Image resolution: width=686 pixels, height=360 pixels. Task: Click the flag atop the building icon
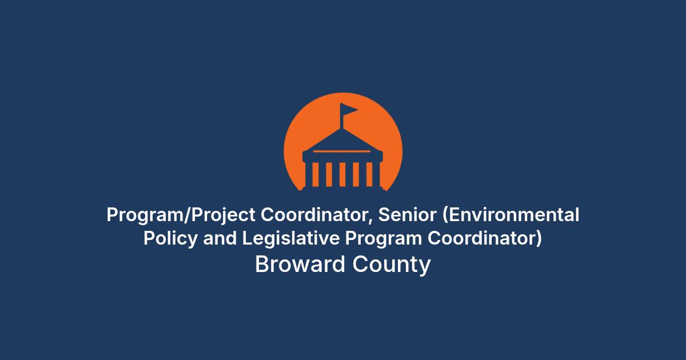coord(349,110)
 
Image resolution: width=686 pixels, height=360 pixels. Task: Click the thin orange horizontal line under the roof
coord(342,151)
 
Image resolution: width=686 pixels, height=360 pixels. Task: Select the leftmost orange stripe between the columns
coord(316,174)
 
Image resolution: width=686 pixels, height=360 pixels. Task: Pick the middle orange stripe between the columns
coord(342,174)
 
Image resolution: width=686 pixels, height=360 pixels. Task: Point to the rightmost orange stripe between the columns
coord(369,174)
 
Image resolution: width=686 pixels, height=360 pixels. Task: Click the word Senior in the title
coord(407,215)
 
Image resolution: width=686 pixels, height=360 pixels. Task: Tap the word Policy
coord(170,239)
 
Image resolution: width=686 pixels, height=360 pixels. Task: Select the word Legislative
coord(291,239)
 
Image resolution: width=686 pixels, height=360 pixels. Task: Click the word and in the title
coord(220,238)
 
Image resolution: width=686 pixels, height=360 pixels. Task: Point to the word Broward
coord(300,264)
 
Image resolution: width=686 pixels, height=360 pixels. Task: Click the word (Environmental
coord(511,215)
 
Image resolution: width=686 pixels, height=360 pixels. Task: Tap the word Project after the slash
coord(224,215)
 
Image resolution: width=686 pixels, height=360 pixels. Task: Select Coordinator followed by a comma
coord(317,215)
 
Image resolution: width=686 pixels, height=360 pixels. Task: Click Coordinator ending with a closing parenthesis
coord(485,238)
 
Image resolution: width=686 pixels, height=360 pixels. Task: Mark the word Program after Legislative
coord(384,239)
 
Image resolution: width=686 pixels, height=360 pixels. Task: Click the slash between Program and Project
coord(188,215)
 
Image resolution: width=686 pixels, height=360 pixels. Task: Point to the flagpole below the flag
coord(341,122)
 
